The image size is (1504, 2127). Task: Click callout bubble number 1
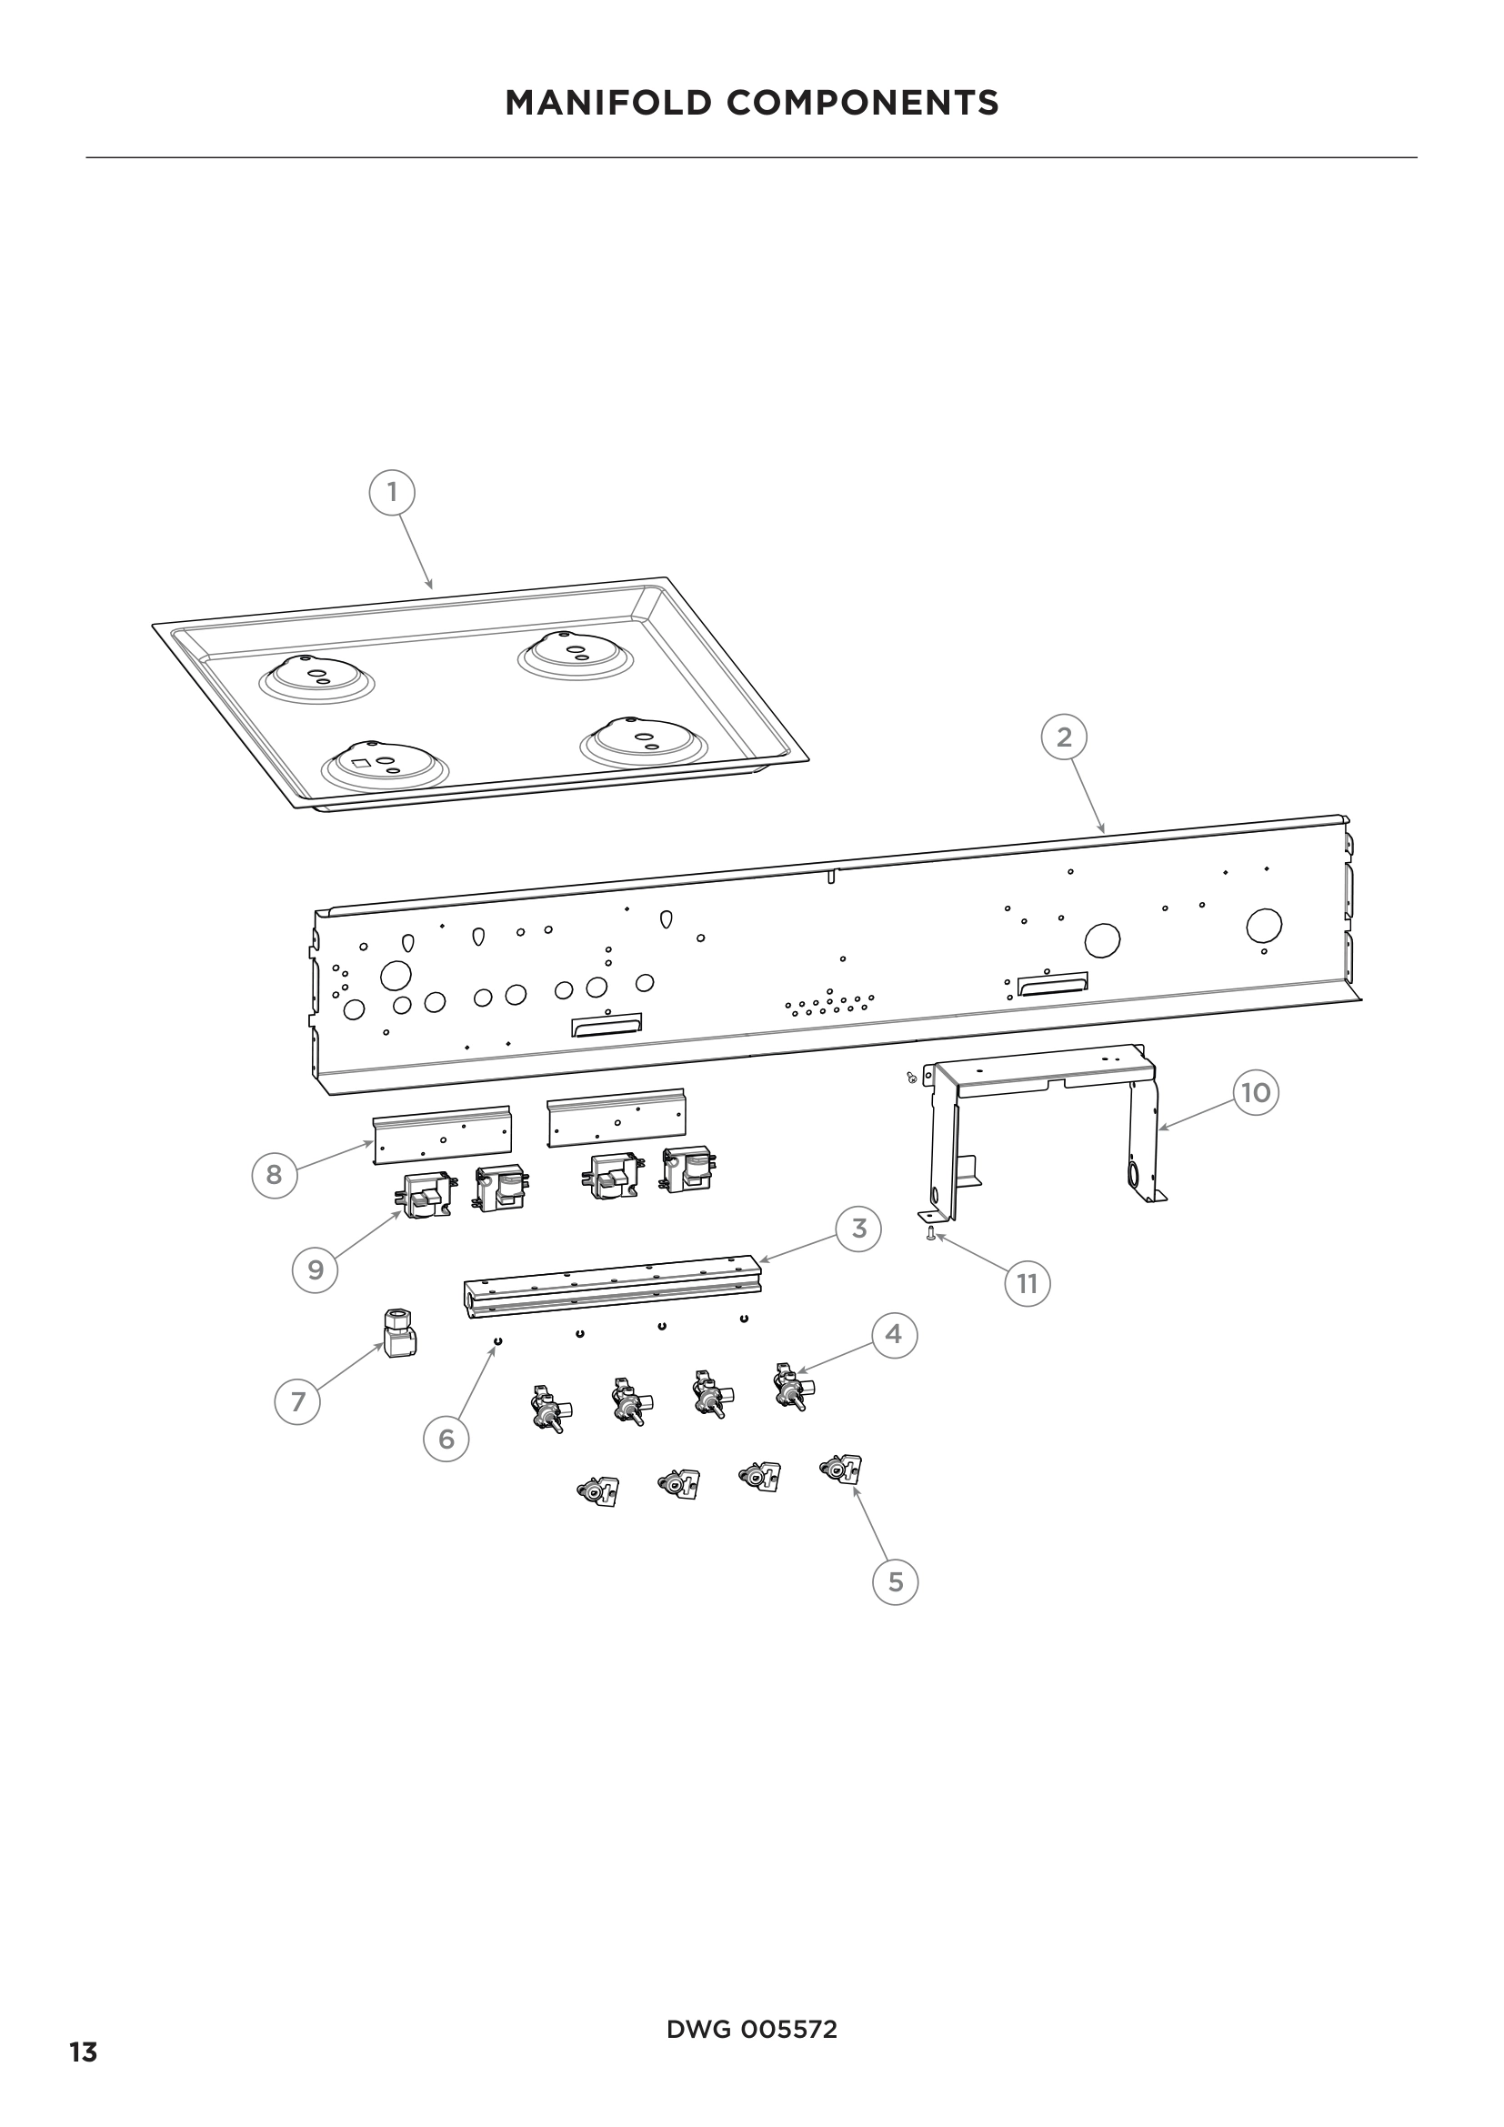pyautogui.click(x=392, y=492)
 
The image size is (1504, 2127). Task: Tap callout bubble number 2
pyautogui.click(x=1064, y=737)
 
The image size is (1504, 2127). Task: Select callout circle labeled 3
pyautogui.click(x=858, y=1229)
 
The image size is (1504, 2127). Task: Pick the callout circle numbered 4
pyautogui.click(x=894, y=1335)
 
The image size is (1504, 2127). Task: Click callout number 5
pyautogui.click(x=895, y=1581)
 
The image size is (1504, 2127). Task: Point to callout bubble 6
pyautogui.click(x=446, y=1439)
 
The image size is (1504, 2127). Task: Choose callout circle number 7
pyautogui.click(x=297, y=1401)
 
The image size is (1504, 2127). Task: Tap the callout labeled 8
pyautogui.click(x=274, y=1175)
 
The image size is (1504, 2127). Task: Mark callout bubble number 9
pyautogui.click(x=316, y=1269)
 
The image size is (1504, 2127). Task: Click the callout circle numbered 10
pyautogui.click(x=1255, y=1093)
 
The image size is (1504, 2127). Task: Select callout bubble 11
pyautogui.click(x=1027, y=1284)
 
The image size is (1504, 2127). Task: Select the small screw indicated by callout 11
pyautogui.click(x=930, y=1231)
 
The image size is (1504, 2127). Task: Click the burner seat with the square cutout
pyautogui.click(x=383, y=765)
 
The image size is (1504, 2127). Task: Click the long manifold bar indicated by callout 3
pyautogui.click(x=611, y=1286)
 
